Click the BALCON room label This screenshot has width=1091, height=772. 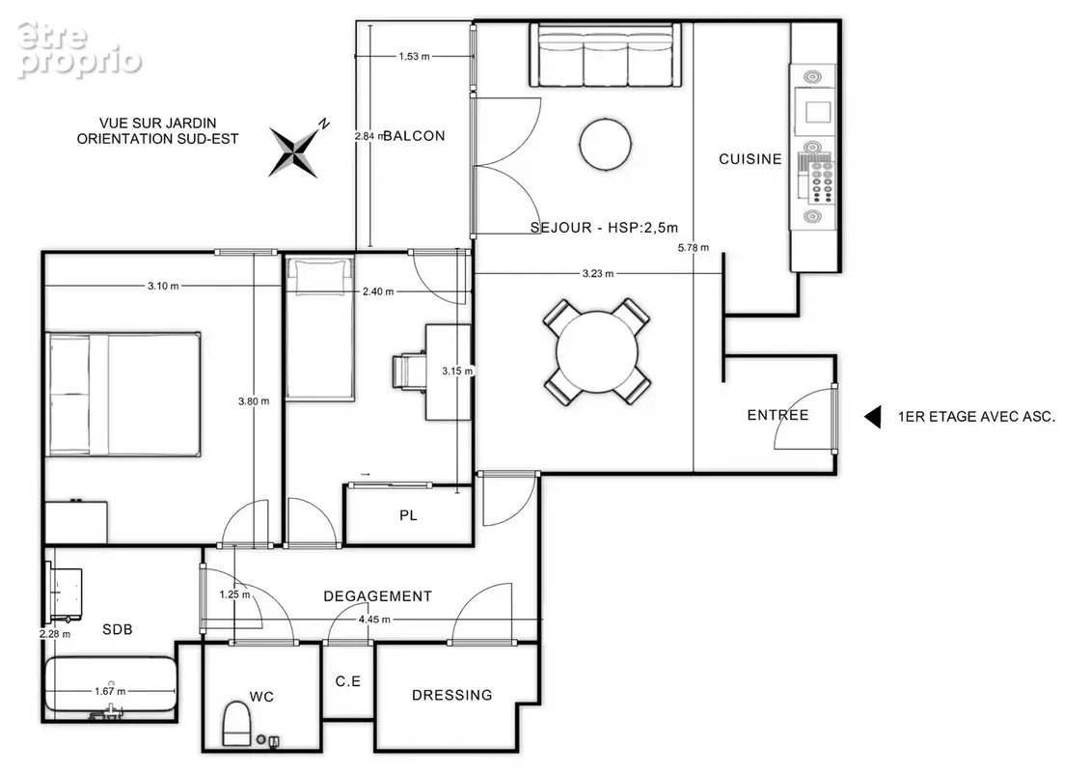pyautogui.click(x=414, y=136)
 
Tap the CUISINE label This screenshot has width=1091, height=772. pyautogui.click(x=750, y=159)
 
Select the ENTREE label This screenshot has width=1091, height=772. pyautogui.click(x=777, y=416)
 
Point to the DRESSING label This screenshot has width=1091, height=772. pyautogui.click(x=452, y=696)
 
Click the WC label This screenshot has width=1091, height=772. pyautogui.click(x=261, y=697)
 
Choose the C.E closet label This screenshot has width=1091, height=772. pyautogui.click(x=348, y=681)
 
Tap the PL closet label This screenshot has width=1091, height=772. pyautogui.click(x=408, y=516)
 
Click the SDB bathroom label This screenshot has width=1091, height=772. pyautogui.click(x=118, y=630)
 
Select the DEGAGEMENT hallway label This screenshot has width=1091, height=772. pyautogui.click(x=378, y=596)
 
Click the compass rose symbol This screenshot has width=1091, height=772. pyautogui.click(x=294, y=152)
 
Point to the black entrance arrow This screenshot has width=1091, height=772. pyautogui.click(x=873, y=417)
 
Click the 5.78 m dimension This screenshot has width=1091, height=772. pyautogui.click(x=694, y=248)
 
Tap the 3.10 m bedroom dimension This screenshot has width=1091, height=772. pyautogui.click(x=163, y=286)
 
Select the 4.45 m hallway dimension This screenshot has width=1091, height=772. pyautogui.click(x=374, y=620)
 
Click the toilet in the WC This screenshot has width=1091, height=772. pyautogui.click(x=236, y=724)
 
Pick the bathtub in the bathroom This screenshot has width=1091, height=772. pyautogui.click(x=110, y=684)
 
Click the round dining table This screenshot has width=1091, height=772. pyautogui.click(x=597, y=352)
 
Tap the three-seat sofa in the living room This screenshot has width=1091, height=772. pyautogui.click(x=606, y=55)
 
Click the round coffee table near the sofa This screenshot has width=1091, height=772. pyautogui.click(x=606, y=144)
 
